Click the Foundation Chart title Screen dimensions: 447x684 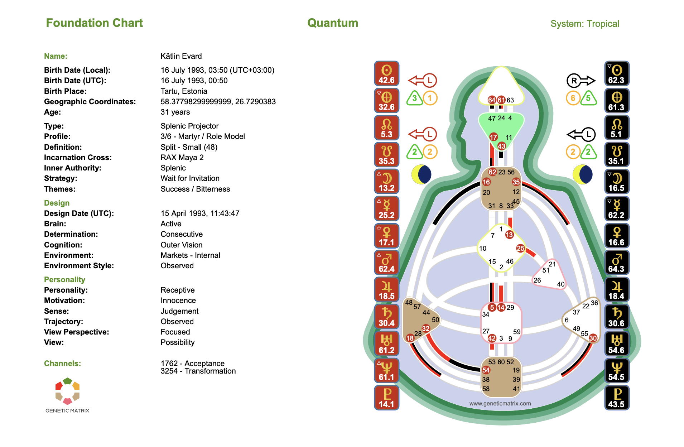point(94,23)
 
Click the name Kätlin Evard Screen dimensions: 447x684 point(181,56)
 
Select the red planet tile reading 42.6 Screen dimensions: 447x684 point(386,74)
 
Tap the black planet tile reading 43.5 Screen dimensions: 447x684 point(616,398)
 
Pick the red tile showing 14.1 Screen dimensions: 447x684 point(386,398)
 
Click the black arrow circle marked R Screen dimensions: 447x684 point(574,81)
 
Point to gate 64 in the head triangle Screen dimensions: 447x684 point(492,100)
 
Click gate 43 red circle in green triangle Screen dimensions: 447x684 point(501,146)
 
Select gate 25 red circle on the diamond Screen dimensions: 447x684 point(520,248)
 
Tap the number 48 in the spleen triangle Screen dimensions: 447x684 point(409,302)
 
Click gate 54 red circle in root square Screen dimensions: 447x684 point(486,370)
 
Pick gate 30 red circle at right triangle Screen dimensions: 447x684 point(593,338)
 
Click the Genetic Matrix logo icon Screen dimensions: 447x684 point(67,391)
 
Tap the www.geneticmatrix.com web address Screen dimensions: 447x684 point(500,403)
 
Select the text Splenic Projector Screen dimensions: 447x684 point(189,126)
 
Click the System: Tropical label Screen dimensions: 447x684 point(584,24)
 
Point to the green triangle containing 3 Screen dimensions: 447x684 point(414,98)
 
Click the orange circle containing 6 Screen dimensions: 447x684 point(573,98)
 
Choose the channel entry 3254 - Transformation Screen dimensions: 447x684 point(198,371)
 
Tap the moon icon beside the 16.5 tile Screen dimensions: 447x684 point(582,174)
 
